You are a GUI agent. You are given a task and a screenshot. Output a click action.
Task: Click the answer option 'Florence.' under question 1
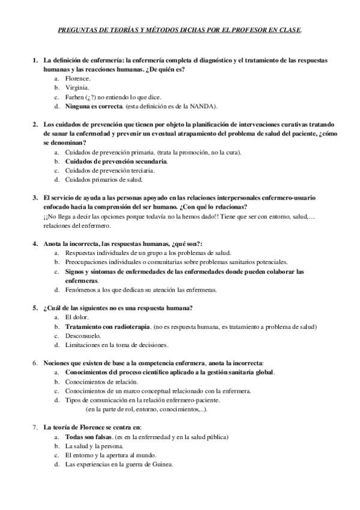(x=78, y=78)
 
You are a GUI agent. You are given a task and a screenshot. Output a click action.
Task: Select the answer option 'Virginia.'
(x=78, y=87)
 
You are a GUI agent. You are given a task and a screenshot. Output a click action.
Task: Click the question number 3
(x=34, y=198)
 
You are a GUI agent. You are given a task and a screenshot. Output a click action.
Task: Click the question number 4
(x=34, y=244)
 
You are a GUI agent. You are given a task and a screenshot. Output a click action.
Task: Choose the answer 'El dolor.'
(x=77, y=318)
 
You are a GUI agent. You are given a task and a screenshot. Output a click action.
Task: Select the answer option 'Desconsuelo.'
(x=82, y=336)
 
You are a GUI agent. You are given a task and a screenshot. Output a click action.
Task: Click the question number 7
(x=34, y=428)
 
